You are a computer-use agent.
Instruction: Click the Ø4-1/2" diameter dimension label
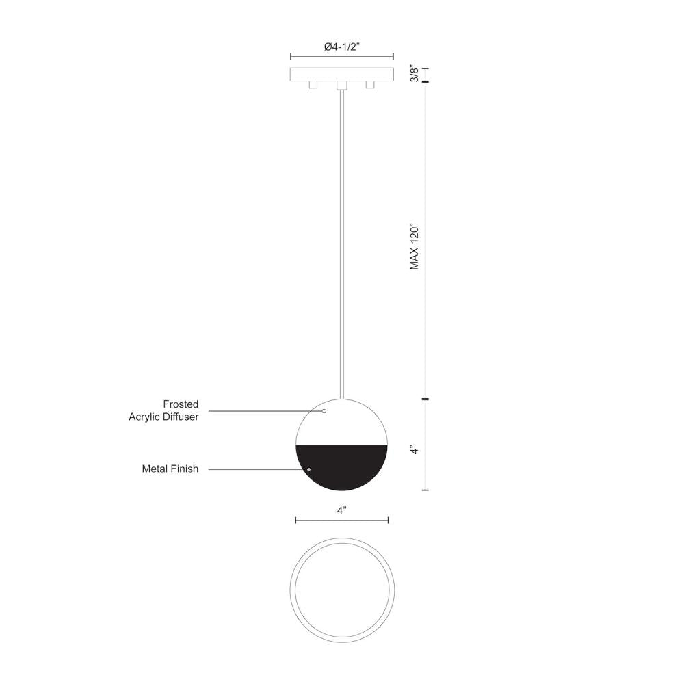(342, 47)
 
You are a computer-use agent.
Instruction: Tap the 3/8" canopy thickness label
(412, 74)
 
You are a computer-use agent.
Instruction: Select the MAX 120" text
(414, 246)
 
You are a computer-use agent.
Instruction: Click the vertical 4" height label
(413, 450)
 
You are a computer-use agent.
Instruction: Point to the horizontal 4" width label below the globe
(342, 510)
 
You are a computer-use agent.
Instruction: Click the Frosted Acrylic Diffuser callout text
(164, 410)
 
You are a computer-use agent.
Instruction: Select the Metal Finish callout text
(170, 469)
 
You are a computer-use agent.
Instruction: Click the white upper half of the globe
(342, 424)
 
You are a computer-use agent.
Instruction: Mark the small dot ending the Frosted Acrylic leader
(324, 412)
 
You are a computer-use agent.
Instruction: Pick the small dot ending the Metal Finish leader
(309, 469)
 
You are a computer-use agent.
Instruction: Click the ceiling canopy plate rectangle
(342, 74)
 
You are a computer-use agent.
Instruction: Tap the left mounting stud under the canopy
(313, 85)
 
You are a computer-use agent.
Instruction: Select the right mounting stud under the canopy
(371, 85)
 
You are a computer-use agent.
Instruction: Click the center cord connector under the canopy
(342, 86)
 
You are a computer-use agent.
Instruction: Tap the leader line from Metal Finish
(256, 469)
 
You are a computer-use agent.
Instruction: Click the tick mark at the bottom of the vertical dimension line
(425, 490)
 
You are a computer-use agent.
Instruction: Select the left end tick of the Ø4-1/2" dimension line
(291, 57)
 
